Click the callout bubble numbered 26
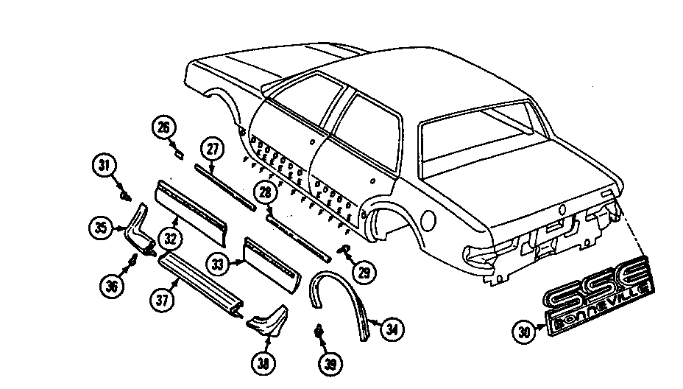point(164,127)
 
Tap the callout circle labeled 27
point(212,149)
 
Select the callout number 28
point(265,192)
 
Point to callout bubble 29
point(364,273)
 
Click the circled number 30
point(524,332)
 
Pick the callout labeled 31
point(105,165)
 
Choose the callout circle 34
point(392,329)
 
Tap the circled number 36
point(112,286)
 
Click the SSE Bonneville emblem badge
point(599,298)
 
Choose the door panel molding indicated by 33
point(272,264)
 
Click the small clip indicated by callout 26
point(179,153)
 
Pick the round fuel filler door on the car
point(429,221)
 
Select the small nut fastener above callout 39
point(319,332)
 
